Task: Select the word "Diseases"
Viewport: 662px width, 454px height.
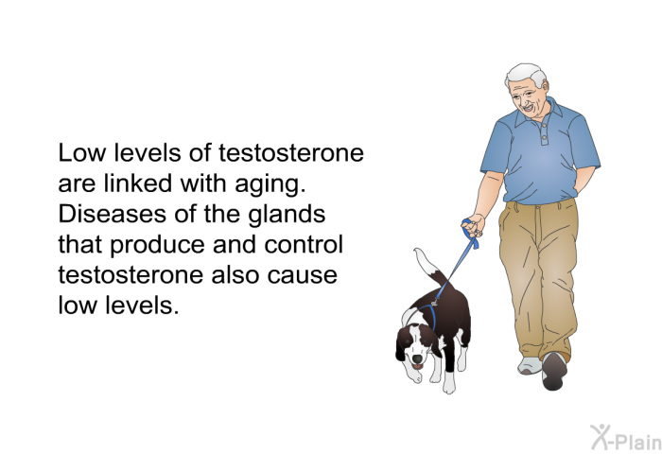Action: (x=112, y=214)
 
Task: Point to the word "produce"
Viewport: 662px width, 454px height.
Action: (x=157, y=246)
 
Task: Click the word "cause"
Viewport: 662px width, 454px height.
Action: (x=302, y=276)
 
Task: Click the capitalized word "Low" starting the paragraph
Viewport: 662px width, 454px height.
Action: (x=81, y=153)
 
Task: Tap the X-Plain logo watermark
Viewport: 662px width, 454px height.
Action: (x=626, y=438)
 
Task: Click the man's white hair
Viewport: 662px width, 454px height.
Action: (x=527, y=74)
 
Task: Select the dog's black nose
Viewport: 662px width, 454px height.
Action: (x=417, y=359)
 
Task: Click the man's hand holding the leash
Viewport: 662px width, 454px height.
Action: (x=474, y=225)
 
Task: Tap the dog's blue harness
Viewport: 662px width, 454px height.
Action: (x=430, y=314)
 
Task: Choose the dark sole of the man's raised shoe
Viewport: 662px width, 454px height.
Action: (x=553, y=372)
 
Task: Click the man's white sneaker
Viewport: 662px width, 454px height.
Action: (x=531, y=366)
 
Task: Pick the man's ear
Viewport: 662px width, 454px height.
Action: (x=546, y=87)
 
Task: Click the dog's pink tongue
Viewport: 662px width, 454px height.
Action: (x=418, y=367)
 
